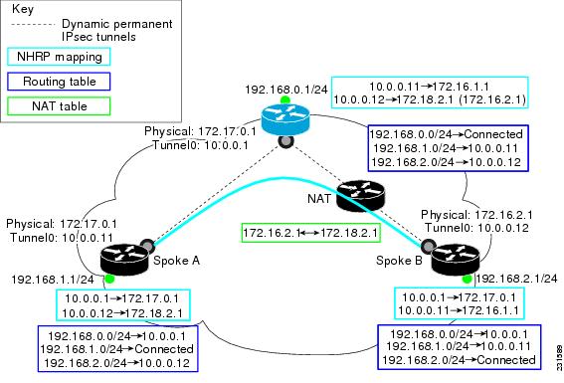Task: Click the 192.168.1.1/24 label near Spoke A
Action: (47, 282)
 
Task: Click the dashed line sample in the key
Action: (34, 22)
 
